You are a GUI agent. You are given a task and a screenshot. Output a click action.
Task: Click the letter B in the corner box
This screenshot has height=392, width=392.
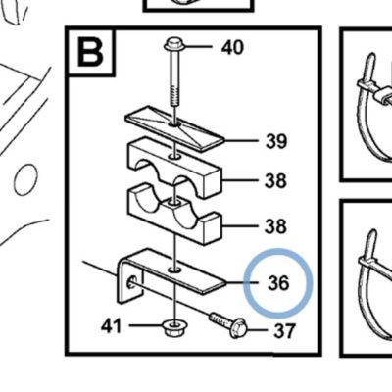point(90,52)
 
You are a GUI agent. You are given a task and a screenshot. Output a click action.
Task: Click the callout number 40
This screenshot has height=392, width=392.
point(232,47)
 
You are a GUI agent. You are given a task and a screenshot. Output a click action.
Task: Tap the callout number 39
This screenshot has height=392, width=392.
point(276,141)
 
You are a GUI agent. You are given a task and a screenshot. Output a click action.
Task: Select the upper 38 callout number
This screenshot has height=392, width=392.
point(275,180)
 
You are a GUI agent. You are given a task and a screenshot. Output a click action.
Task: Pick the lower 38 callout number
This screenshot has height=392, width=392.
point(275,226)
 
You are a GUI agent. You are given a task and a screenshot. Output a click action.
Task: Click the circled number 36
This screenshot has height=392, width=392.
point(278,283)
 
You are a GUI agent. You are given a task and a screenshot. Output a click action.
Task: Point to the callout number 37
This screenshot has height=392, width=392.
point(284,331)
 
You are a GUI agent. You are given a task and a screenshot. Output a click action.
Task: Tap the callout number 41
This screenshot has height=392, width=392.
point(111,326)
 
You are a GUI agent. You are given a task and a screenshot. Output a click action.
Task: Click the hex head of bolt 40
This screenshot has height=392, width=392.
point(174,45)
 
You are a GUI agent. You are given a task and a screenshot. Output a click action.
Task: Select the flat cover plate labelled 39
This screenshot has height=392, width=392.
point(175,127)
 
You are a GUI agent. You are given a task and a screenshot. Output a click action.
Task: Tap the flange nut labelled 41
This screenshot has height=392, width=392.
point(175,328)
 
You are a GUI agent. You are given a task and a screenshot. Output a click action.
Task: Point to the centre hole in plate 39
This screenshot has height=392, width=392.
point(175,124)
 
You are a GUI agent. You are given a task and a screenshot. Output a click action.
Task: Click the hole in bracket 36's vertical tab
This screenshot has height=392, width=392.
point(132,281)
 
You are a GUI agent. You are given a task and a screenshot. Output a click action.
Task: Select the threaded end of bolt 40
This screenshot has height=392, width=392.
point(175,95)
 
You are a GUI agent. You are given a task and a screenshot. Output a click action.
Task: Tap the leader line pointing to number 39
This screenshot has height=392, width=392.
point(241,141)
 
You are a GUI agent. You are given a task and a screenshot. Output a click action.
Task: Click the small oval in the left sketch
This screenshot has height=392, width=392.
point(26,180)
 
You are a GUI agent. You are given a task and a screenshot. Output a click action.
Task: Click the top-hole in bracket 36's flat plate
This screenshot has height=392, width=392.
point(175,269)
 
